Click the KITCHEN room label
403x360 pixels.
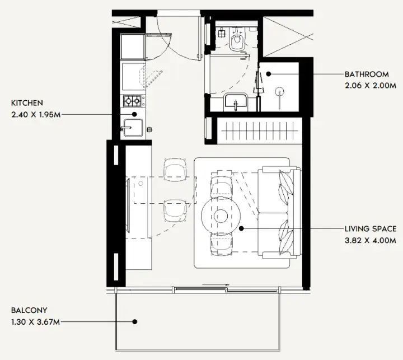click(x=27, y=103)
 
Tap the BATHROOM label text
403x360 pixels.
click(x=367, y=74)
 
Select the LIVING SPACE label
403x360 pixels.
click(x=371, y=228)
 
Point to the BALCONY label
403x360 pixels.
click(x=29, y=310)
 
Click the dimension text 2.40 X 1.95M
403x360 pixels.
click(x=36, y=114)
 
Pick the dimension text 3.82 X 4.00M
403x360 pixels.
click(x=371, y=240)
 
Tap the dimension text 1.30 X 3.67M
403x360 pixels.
click(x=35, y=322)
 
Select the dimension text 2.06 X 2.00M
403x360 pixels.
click(x=371, y=86)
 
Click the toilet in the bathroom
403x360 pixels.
click(x=237, y=40)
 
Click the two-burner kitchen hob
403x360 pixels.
click(x=132, y=101)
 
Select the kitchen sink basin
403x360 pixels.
click(x=133, y=128)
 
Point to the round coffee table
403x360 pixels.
click(x=221, y=215)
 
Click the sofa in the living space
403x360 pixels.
click(x=279, y=212)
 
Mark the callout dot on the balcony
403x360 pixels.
click(x=134, y=322)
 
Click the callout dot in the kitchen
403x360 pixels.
click(x=134, y=114)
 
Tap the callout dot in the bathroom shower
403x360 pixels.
click(x=269, y=74)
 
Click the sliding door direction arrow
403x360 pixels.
click(x=215, y=285)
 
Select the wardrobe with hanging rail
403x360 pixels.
click(x=260, y=130)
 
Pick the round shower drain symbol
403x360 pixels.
click(x=279, y=92)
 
